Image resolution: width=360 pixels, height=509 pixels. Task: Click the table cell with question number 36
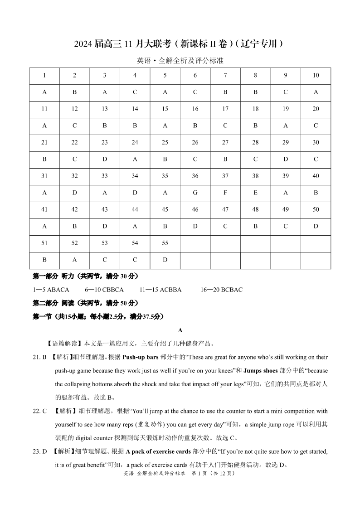pos(195,176)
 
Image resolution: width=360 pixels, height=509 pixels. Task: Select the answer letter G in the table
pos(195,193)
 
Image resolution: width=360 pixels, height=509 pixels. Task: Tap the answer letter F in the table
pos(225,193)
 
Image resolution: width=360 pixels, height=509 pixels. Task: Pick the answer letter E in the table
pos(255,193)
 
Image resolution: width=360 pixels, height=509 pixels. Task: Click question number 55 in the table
pos(165,243)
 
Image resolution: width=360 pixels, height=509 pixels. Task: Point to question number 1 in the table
pos(44,75)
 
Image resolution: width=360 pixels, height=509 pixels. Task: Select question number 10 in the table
pos(316,75)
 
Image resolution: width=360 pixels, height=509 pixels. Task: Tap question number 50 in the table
pos(316,209)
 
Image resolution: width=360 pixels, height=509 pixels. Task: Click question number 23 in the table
pos(105,142)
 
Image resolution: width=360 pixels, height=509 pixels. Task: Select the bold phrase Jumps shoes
pos(260,371)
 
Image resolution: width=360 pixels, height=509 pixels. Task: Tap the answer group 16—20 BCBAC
pos(221,290)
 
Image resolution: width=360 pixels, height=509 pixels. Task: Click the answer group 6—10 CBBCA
pos(104,290)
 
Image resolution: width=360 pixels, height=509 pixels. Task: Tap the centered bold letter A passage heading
pos(180,330)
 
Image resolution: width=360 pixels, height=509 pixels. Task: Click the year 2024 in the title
pos(83,44)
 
